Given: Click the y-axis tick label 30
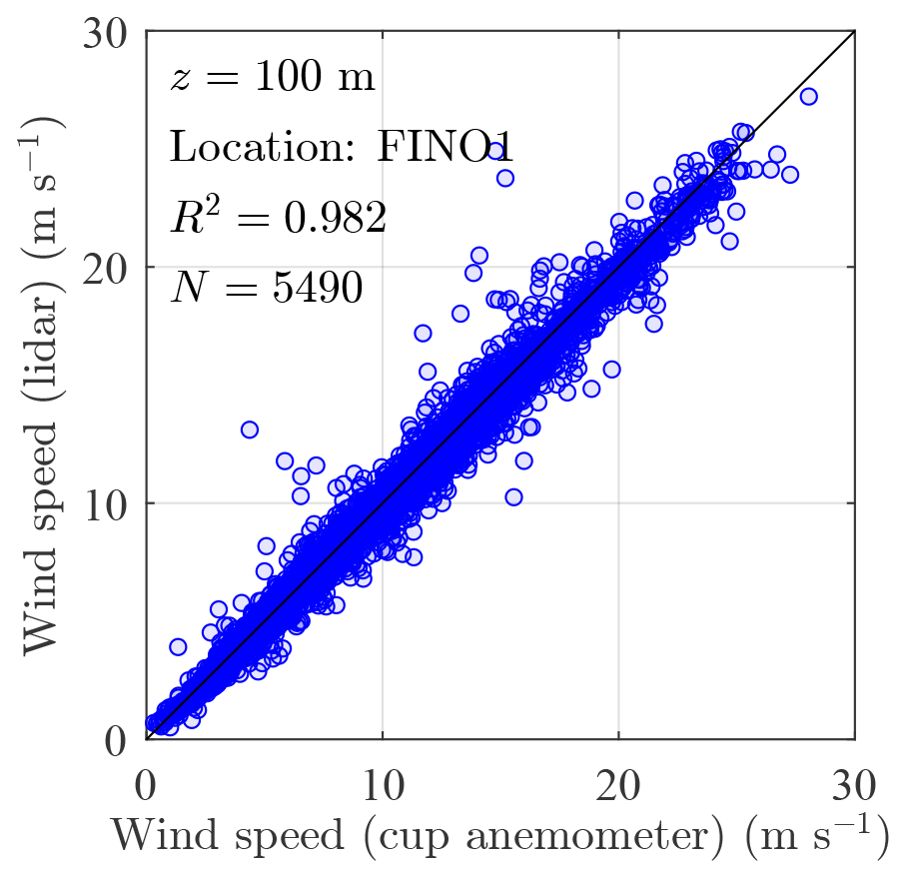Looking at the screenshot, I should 107,33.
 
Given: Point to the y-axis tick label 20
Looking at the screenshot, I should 107,268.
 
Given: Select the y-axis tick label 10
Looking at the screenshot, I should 107,503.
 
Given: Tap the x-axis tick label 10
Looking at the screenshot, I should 382,782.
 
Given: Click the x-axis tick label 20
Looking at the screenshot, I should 618,782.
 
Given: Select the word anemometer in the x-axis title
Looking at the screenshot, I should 628,835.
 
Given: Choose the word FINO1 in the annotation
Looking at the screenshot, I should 444,148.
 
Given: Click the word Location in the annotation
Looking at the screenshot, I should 253,148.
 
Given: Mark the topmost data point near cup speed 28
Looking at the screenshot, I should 808,96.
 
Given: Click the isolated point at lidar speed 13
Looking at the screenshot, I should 250,430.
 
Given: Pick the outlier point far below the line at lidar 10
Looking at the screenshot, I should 513,496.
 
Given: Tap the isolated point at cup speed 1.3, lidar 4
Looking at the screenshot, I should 178,646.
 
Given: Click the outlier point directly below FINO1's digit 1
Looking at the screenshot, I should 504,178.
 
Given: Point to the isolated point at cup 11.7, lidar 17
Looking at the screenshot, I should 423,333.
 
